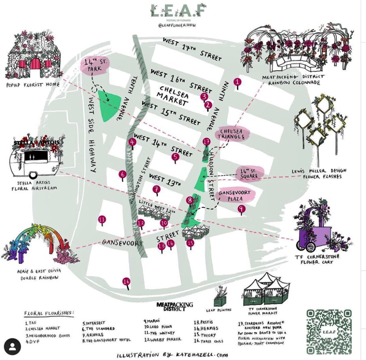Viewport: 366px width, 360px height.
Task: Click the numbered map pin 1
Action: pos(238,82)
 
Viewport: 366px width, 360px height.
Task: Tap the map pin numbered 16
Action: pos(126,282)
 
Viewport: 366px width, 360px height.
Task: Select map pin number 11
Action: pos(102,219)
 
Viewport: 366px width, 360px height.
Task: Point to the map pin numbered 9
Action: pos(241,209)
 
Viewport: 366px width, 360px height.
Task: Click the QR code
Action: pos(329,331)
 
